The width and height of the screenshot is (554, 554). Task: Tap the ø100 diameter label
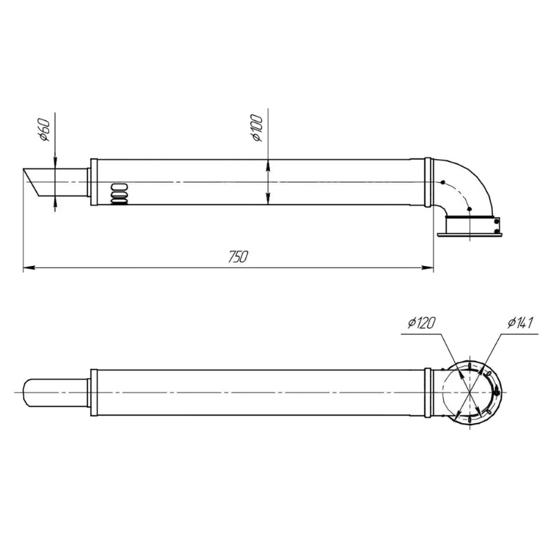[x=258, y=128]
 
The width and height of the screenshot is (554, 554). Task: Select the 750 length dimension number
[x=238, y=257]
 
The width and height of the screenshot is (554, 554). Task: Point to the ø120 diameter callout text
[x=421, y=323]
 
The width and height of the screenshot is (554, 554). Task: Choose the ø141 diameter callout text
[x=520, y=323]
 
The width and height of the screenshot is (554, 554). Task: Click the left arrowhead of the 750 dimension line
[x=29, y=268]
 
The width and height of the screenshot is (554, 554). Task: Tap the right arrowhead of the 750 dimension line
[x=428, y=268]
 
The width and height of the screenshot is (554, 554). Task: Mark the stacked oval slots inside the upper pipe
[x=119, y=194]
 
